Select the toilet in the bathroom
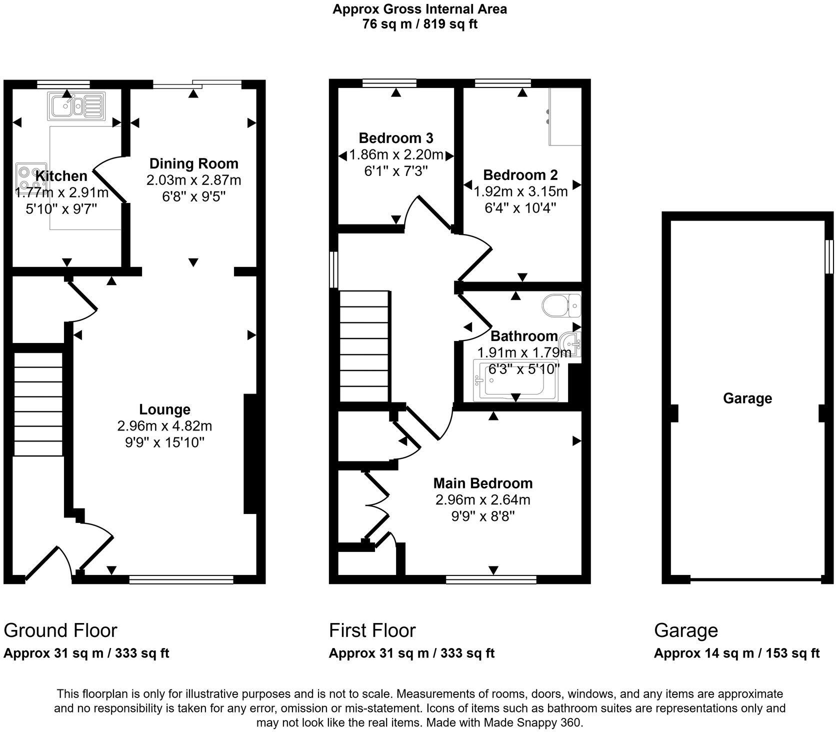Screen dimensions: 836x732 tap(561, 305)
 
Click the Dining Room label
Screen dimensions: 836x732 tap(194, 163)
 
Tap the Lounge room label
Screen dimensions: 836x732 tap(164, 409)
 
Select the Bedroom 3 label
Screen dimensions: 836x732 tap(396, 137)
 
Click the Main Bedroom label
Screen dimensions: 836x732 tap(482, 483)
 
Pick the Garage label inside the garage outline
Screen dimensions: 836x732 tap(747, 398)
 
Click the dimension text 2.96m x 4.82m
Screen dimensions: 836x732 tap(164, 426)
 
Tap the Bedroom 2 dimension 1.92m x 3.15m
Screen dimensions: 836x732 tap(520, 191)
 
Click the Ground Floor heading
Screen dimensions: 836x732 tap(60, 630)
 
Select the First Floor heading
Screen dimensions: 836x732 tap(372, 630)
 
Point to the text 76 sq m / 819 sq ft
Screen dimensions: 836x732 tap(419, 24)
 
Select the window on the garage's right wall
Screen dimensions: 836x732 tap(829, 256)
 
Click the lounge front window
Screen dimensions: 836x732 tap(181, 579)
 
